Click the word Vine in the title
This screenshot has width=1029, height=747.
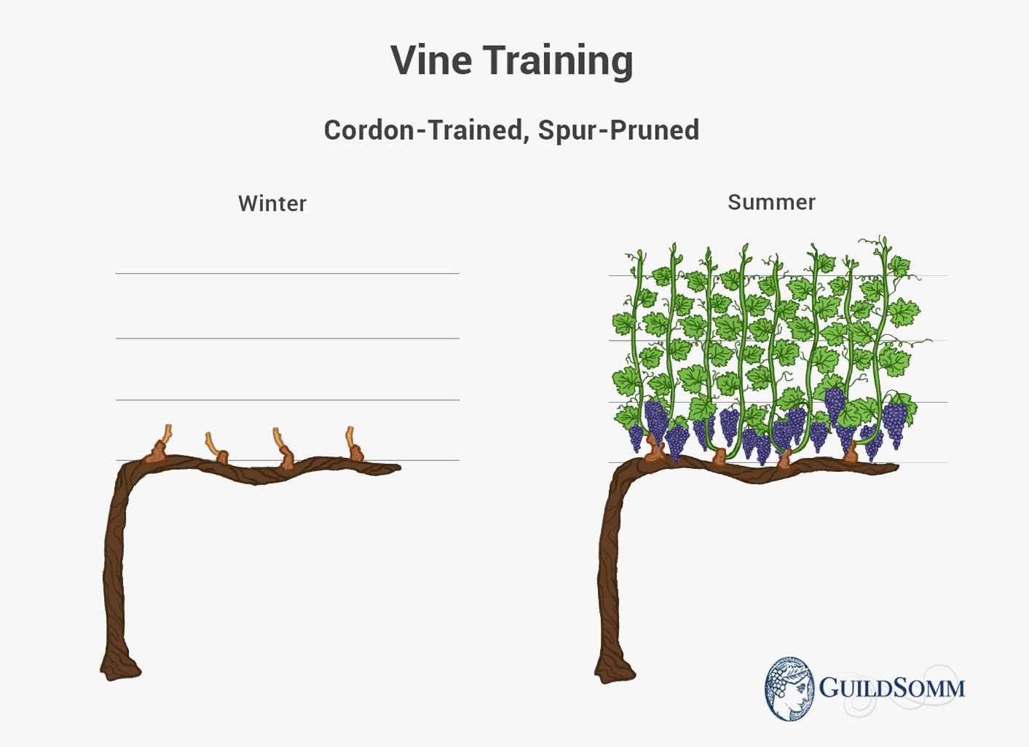(431, 60)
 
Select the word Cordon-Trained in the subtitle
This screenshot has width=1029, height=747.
(423, 130)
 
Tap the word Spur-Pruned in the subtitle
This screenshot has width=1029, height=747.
(619, 130)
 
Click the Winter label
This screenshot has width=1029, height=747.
(272, 204)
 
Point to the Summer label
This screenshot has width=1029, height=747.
(772, 202)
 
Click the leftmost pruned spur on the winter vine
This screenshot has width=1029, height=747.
(160, 445)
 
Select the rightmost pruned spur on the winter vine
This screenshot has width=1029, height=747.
(354, 444)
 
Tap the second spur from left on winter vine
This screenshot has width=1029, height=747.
(216, 448)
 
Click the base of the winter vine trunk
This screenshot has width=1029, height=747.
(120, 671)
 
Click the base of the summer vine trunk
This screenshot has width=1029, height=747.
(615, 673)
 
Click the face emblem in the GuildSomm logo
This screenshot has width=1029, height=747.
(789, 688)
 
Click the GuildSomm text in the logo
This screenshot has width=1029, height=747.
(891, 688)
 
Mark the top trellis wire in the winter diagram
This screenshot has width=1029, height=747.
(287, 273)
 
